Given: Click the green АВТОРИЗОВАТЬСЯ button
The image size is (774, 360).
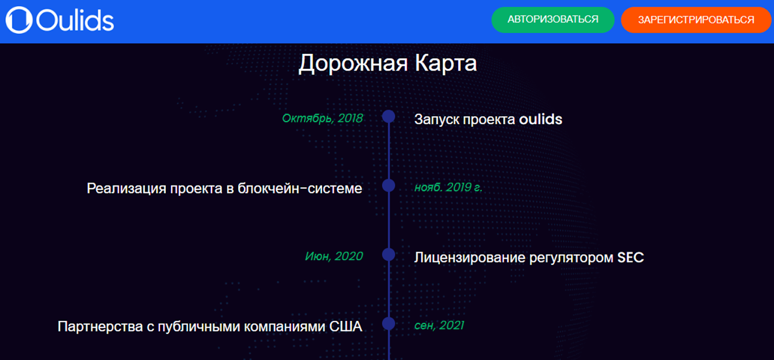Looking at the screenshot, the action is [553, 20].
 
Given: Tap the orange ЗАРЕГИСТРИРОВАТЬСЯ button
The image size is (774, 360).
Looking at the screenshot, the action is [696, 20].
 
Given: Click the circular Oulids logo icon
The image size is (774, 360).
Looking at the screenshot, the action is [19, 20].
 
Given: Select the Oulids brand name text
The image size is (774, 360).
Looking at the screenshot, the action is [75, 21].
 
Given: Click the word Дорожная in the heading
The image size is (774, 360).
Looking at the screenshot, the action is [353, 63].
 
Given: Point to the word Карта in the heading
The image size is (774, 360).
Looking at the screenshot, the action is [446, 63].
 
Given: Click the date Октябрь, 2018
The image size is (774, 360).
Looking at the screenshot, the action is [322, 119].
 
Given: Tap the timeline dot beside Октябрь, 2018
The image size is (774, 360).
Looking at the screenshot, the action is [389, 117].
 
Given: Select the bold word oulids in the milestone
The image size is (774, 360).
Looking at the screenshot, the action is [540, 119].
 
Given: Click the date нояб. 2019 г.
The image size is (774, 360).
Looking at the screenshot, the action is [448, 187].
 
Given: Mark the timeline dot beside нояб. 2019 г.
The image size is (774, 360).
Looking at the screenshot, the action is [389, 185].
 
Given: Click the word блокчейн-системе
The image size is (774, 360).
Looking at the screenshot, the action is [300, 188].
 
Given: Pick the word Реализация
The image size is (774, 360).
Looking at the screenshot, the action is [126, 189].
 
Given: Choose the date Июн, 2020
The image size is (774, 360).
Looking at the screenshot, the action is [334, 256].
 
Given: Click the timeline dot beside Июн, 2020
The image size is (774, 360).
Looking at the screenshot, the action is [389, 255].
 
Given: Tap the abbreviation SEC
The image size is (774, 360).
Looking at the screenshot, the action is [631, 257].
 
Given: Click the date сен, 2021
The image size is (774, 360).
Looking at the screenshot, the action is [439, 326].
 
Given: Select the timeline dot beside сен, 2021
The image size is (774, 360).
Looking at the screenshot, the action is [389, 324].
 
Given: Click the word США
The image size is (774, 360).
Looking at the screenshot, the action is [345, 327].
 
